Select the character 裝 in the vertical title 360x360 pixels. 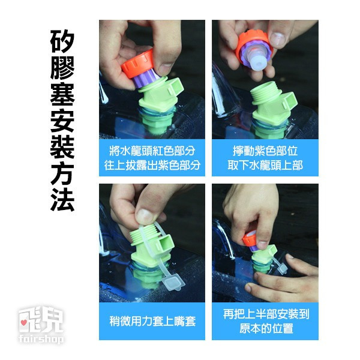pyautogui.click(x=62, y=148)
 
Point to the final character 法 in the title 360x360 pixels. pyautogui.click(x=62, y=199)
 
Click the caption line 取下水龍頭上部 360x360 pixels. pyautogui.click(x=265, y=164)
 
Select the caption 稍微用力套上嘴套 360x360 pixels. pyautogui.click(x=152, y=321)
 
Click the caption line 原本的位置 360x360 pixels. pyautogui.click(x=265, y=329)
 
